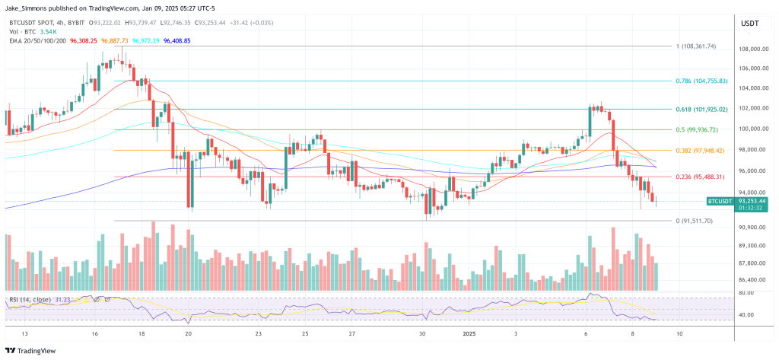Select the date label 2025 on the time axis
point(462,333)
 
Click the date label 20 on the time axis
point(188,333)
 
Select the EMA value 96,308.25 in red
point(84,40)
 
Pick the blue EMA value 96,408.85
point(176,40)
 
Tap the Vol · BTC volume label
point(21,32)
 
